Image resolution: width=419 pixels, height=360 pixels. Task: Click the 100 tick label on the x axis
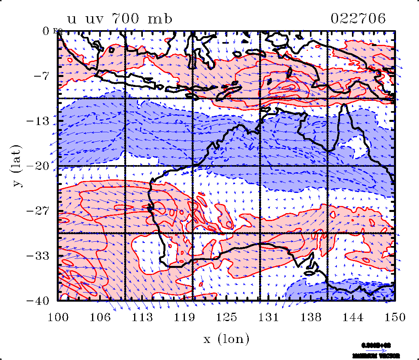[58, 318]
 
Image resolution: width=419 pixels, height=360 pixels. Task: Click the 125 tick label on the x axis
[226, 318]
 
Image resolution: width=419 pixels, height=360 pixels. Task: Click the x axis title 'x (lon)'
[226, 339]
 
